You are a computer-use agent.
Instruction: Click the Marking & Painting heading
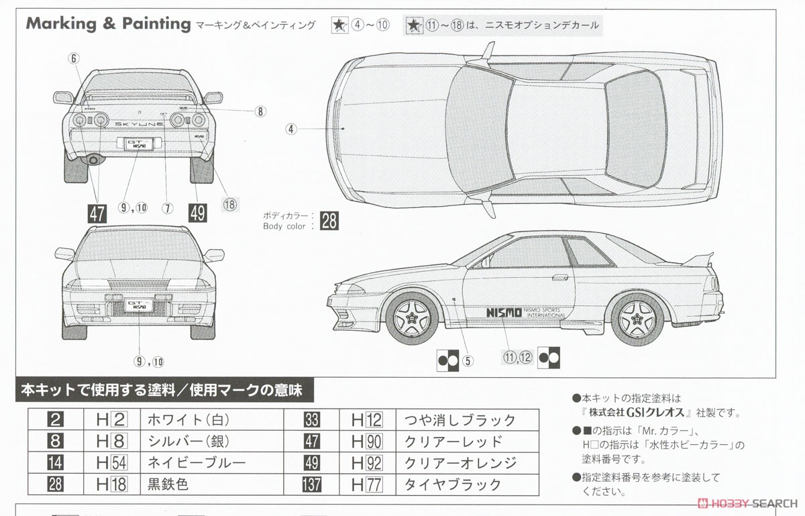(108, 24)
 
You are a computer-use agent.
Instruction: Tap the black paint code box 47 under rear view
(97, 213)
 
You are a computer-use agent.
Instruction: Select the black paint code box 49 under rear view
(198, 213)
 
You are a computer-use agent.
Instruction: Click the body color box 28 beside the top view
(329, 221)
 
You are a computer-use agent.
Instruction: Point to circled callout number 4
(290, 130)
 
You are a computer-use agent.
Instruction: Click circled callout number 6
(74, 58)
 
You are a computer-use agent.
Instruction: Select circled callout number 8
(260, 112)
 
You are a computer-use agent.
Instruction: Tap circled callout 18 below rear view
(230, 205)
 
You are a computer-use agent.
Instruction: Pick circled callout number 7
(168, 208)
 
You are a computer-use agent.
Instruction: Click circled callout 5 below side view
(468, 360)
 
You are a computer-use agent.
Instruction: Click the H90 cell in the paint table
(367, 442)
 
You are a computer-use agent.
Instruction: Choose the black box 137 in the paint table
(311, 484)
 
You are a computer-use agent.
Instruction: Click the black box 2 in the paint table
(56, 421)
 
